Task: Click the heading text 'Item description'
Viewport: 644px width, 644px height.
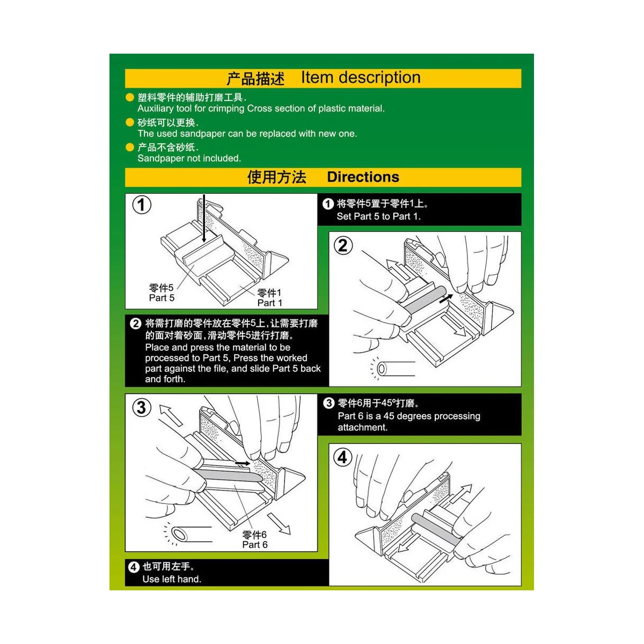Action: coord(361,78)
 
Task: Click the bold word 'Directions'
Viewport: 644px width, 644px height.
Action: coord(363,177)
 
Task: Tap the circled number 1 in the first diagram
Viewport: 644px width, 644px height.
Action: coord(142,205)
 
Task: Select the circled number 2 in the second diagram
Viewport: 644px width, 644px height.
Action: coord(343,246)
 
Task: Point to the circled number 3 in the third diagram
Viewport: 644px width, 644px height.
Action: coord(141,407)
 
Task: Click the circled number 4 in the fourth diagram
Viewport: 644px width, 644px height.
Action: coord(343,457)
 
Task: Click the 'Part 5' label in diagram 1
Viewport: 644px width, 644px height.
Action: coord(162,298)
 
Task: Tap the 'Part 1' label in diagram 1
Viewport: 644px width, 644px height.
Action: coord(269,303)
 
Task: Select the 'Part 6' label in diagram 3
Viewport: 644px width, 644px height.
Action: coord(254,545)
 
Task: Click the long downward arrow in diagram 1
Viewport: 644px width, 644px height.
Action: coord(204,220)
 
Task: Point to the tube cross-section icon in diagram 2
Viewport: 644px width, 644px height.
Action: coord(382,369)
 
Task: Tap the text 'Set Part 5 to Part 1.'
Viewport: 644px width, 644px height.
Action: coord(378,216)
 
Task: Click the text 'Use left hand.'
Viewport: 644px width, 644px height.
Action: coord(172,579)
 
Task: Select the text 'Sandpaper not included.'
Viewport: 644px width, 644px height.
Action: coord(189,158)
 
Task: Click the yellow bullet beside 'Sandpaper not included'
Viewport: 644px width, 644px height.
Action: coord(129,147)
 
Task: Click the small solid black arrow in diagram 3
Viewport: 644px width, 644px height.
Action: coord(243,463)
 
